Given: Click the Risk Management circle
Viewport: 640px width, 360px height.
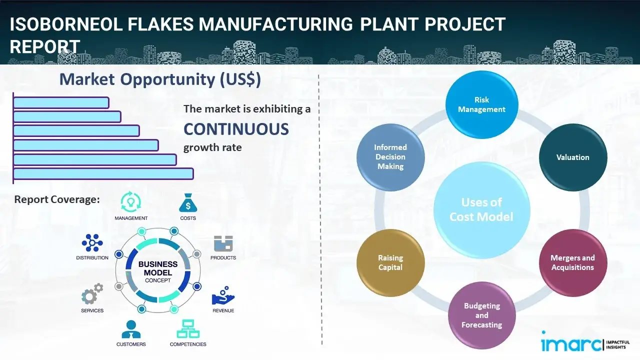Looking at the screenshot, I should (481, 104).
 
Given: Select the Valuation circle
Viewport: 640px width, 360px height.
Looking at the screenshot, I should (572, 157).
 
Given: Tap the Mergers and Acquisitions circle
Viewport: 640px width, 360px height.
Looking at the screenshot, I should (572, 262).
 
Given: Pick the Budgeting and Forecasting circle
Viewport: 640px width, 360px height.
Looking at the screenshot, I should (481, 315).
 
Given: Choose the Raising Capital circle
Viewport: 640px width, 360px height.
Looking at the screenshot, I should (390, 262).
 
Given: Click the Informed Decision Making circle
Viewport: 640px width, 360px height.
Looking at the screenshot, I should (390, 157).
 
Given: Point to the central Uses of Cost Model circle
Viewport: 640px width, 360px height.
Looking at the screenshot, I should (481, 209).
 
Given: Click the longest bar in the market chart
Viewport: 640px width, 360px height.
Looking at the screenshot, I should (103, 173).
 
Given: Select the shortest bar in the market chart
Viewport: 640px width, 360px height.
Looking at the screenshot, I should (61, 102).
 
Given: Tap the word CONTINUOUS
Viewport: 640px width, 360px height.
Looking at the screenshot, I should (236, 129).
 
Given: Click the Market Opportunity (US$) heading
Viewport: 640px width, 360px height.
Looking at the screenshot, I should (160, 79).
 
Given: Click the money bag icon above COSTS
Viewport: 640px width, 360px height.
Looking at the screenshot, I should (187, 203).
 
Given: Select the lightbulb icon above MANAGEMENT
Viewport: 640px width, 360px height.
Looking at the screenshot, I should (131, 202).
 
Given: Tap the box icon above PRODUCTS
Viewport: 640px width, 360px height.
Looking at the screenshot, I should (223, 243).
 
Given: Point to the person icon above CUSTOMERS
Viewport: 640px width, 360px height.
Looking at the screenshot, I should (131, 329).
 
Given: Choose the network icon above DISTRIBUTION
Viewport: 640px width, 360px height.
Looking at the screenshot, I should (92, 243).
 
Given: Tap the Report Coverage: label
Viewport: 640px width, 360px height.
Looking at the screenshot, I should (57, 199).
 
